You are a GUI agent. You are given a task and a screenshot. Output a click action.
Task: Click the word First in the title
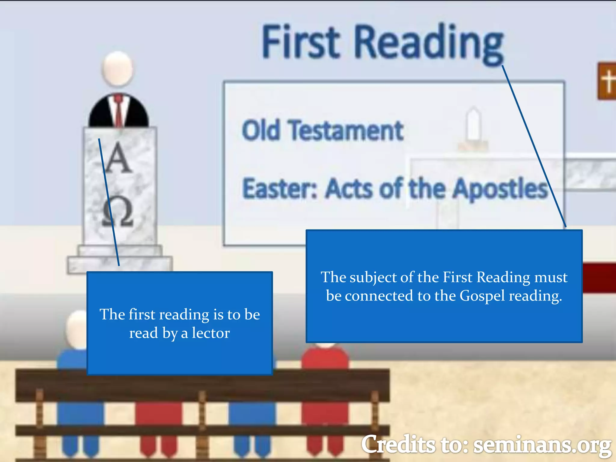tap(301, 42)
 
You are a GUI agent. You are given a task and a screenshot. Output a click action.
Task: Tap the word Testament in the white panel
tap(346, 131)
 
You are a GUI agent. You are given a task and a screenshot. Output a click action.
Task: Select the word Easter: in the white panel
tap(280, 189)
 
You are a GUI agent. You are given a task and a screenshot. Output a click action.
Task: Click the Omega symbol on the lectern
tap(118, 212)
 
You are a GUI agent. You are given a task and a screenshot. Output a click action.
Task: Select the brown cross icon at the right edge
tap(607, 81)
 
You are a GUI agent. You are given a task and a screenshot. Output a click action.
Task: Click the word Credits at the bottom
tap(399, 445)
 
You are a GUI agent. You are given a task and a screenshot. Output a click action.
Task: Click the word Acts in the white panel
tap(349, 189)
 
